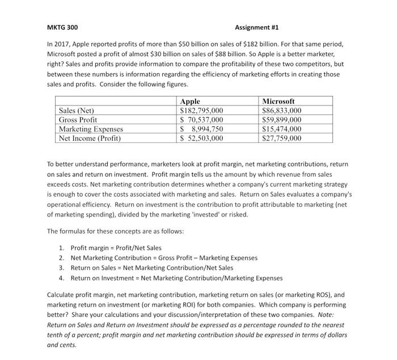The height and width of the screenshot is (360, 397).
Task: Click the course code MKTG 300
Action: (62, 27)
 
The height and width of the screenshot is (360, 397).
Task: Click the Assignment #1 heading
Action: (257, 27)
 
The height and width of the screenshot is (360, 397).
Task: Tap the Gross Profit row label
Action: (78, 120)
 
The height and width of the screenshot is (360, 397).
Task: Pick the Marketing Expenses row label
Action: (91, 129)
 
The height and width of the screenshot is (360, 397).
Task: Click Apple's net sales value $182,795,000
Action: (201, 111)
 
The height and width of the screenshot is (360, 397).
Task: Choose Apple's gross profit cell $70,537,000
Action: (201, 120)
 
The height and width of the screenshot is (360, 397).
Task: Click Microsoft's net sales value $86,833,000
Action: (282, 111)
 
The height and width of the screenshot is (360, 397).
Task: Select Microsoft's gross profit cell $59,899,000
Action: (282, 120)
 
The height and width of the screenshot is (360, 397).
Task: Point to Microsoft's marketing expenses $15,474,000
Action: (282, 129)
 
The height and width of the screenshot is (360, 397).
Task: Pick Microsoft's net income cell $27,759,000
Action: (282, 138)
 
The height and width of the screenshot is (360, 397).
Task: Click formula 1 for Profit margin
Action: (116, 248)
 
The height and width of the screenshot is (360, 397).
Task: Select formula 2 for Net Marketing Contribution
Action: (164, 257)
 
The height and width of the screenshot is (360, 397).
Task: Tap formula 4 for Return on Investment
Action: (176, 278)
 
